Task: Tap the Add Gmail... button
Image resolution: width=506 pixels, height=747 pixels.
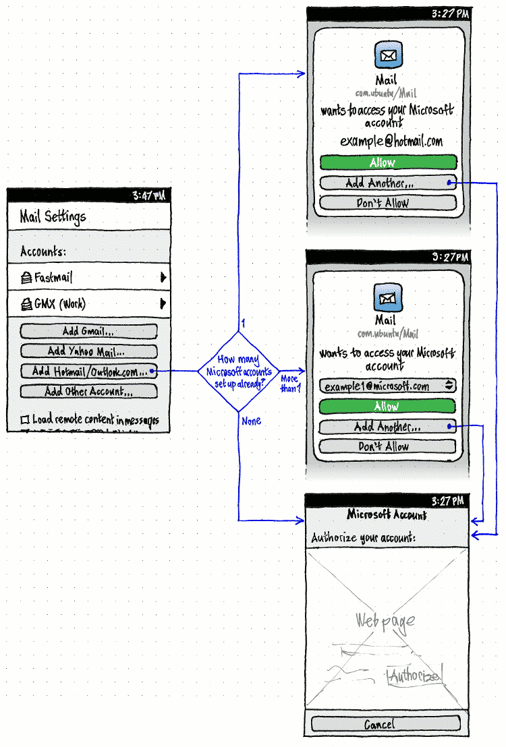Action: pyautogui.click(x=88, y=331)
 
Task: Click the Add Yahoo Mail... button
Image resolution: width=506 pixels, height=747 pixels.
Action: pyautogui.click(x=88, y=351)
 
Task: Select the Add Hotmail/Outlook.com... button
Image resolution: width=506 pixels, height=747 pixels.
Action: pyautogui.click(x=88, y=371)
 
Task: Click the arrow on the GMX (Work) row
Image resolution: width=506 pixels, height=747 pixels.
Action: pyautogui.click(x=163, y=304)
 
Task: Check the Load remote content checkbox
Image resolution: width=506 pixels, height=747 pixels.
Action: pyautogui.click(x=25, y=420)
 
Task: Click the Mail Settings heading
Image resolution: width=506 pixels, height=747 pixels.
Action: pyautogui.click(x=53, y=217)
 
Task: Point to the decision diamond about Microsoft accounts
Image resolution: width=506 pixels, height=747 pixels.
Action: pyautogui.click(x=238, y=371)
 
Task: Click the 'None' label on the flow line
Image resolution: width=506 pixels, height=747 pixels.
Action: pyautogui.click(x=251, y=421)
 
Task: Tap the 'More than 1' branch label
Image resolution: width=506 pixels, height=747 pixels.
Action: pyautogui.click(x=290, y=384)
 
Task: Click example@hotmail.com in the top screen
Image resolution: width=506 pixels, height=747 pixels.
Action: pyautogui.click(x=391, y=142)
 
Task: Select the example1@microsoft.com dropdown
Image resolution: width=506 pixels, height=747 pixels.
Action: pyautogui.click(x=388, y=386)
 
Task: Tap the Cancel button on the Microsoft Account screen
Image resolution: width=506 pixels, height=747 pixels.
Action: pyautogui.click(x=385, y=724)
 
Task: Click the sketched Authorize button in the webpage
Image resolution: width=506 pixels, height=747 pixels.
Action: pyautogui.click(x=415, y=676)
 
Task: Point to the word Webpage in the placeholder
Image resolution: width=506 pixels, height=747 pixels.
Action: pyautogui.click(x=385, y=621)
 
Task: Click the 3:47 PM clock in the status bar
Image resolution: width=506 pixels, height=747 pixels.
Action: pyautogui.click(x=148, y=196)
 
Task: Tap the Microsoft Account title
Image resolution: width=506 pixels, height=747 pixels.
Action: pyautogui.click(x=386, y=515)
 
